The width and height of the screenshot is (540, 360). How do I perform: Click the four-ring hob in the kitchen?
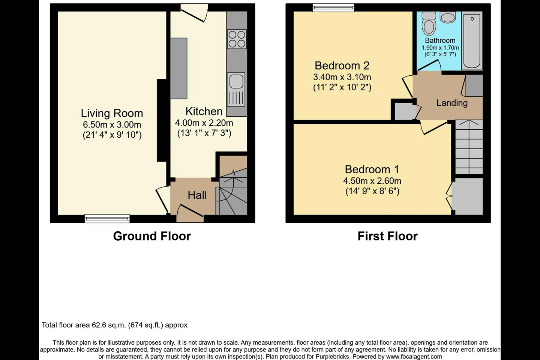237,39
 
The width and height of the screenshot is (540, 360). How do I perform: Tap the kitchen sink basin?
236,81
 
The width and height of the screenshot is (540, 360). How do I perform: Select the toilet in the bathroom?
429,24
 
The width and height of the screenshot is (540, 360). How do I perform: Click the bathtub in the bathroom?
472,40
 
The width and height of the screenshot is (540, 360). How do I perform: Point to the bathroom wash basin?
448,17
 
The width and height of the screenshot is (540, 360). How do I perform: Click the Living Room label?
112,113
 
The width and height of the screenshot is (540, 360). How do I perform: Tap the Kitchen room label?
204,111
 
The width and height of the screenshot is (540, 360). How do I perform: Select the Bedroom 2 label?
342,66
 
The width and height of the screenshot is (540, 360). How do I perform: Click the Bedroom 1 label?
372,169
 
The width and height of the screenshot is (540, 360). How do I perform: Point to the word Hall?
197,195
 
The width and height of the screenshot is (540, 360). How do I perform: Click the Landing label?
452,103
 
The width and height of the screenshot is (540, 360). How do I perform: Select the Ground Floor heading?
152,236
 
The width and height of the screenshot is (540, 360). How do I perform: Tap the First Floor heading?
387,236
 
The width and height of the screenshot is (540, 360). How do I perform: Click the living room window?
107,219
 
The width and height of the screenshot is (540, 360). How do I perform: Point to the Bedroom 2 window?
333,7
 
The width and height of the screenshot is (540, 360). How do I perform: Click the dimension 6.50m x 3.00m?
112,124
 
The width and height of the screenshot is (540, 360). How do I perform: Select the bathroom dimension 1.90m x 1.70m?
440,48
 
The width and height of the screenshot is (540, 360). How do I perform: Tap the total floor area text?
114,325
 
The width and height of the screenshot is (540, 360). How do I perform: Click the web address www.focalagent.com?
414,357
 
